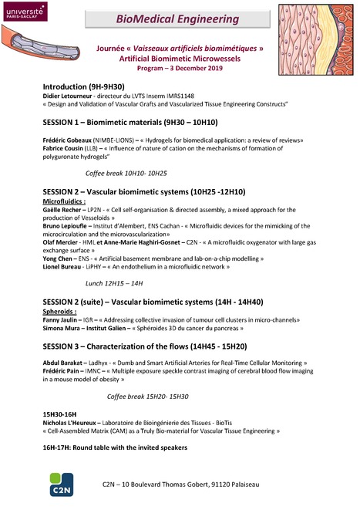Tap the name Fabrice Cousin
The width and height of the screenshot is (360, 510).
66,149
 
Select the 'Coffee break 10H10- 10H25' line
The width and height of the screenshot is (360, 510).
126,174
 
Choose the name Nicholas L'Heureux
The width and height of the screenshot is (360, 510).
73,424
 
